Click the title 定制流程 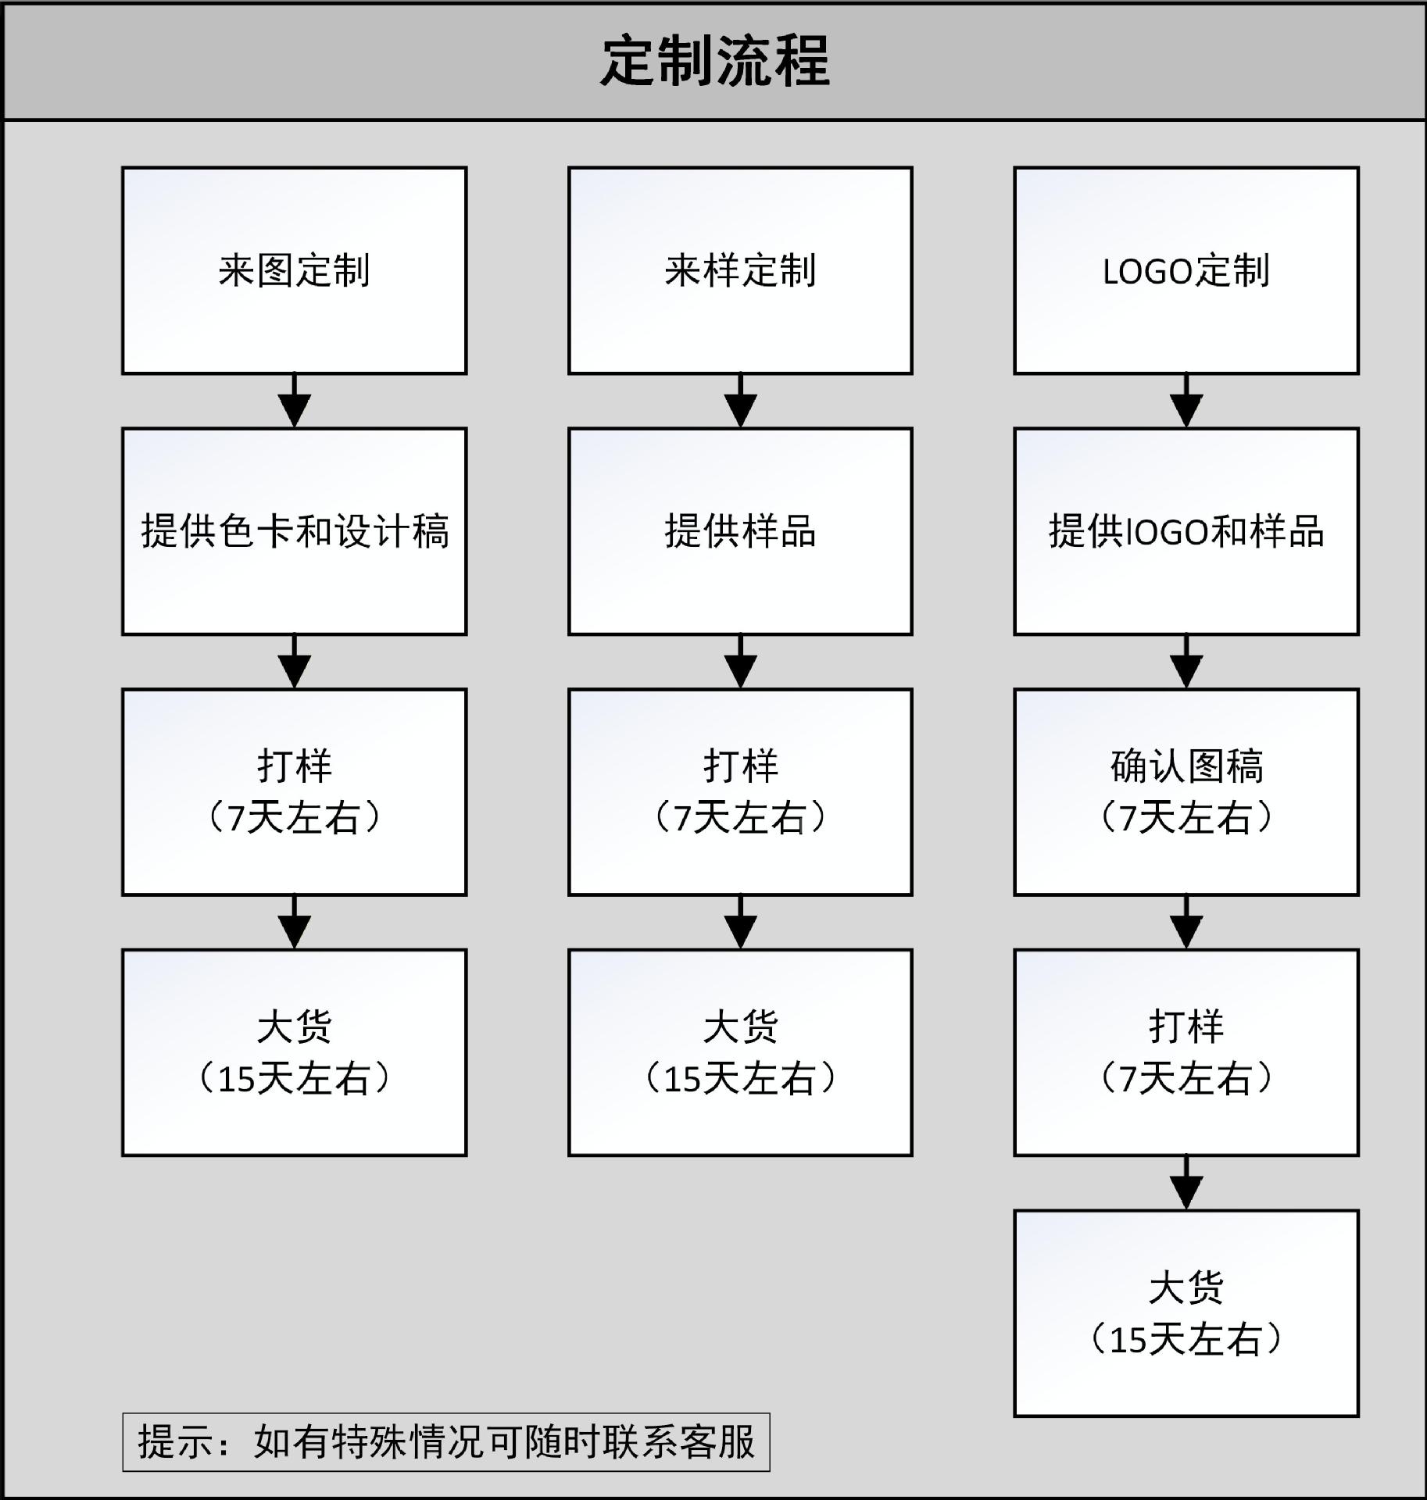[715, 61]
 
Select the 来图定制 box [295, 270]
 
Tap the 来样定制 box [740, 270]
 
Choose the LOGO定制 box [1186, 270]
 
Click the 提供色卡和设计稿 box [295, 531]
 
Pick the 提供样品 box [740, 531]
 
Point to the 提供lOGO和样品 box [1186, 531]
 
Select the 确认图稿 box [1186, 792]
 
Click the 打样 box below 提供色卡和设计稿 [295, 792]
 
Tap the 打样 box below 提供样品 [740, 792]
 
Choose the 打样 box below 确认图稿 [1186, 1053]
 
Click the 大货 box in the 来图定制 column [295, 1053]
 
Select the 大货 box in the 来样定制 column [740, 1053]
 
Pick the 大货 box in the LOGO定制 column [1186, 1314]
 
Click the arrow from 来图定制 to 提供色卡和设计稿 [295, 401]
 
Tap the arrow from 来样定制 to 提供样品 [740, 401]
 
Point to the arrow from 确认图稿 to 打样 [1186, 923]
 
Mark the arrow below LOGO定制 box [1186, 401]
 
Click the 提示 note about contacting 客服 [446, 1442]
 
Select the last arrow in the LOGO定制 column [1186, 1184]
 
